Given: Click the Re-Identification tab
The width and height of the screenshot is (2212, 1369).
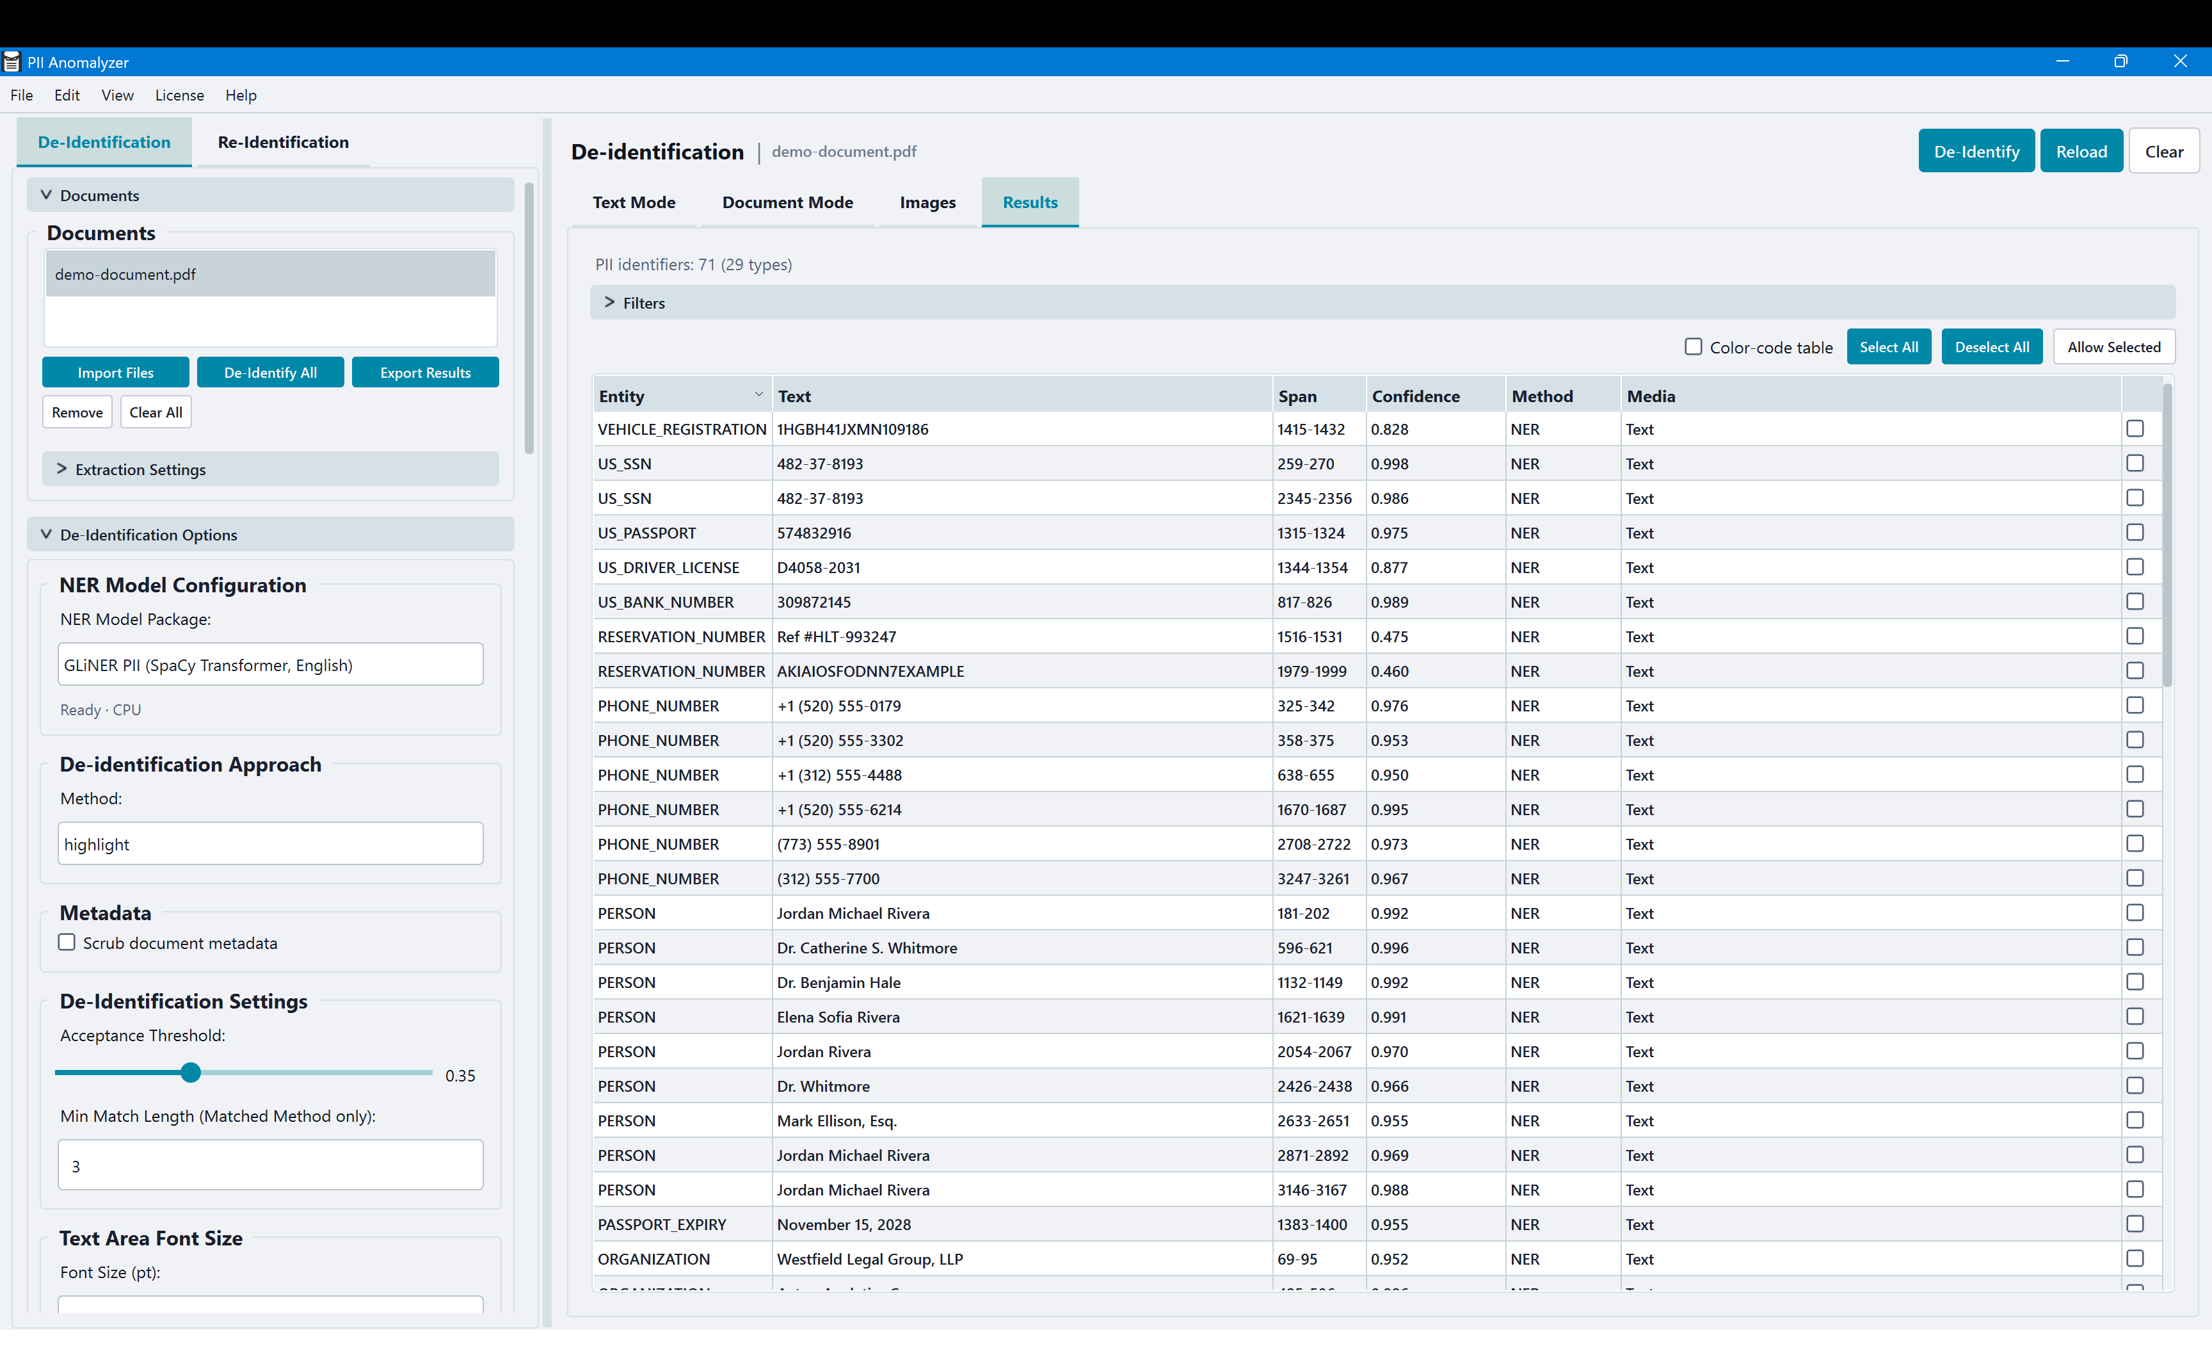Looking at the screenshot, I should (282, 142).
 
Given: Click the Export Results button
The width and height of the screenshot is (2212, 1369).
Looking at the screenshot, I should (424, 372).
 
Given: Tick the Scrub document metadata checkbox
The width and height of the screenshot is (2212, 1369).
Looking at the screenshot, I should (67, 943).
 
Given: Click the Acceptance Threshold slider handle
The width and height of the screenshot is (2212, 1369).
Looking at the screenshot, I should (190, 1073).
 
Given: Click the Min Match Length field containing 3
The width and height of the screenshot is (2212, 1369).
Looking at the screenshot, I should (269, 1165).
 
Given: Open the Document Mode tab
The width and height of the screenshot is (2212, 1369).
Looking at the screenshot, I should (787, 202).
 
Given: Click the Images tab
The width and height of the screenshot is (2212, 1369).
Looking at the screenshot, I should (927, 202).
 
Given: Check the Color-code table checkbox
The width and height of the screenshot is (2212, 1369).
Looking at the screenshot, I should (1692, 347).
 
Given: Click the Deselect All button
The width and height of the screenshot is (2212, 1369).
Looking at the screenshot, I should (1991, 347).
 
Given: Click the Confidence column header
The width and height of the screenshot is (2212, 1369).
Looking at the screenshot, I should (1415, 396).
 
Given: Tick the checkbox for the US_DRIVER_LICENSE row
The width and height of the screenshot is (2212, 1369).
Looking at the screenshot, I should (2134, 567).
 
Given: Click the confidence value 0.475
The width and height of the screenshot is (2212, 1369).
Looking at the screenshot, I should (1388, 636).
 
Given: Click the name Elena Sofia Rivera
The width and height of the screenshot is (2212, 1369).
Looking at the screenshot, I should (838, 1017).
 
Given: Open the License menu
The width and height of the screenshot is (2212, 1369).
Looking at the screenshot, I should (179, 95).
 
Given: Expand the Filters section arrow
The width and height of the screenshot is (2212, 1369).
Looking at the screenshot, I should (609, 302).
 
